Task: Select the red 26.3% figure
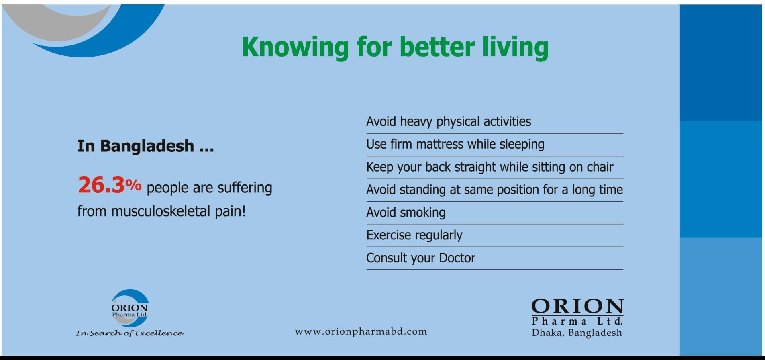[110, 185]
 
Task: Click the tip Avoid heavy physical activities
[449, 121]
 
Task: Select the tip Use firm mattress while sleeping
[455, 144]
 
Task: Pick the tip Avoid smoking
[406, 212]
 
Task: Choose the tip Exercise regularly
[414, 235]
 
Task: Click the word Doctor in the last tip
[457, 258]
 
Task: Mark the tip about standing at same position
[495, 190]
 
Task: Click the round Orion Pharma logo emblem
[130, 308]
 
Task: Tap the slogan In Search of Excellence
[130, 333]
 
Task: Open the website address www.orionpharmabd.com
[361, 332]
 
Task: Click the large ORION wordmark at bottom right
[577, 307]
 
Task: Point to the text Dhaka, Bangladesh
[577, 333]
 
